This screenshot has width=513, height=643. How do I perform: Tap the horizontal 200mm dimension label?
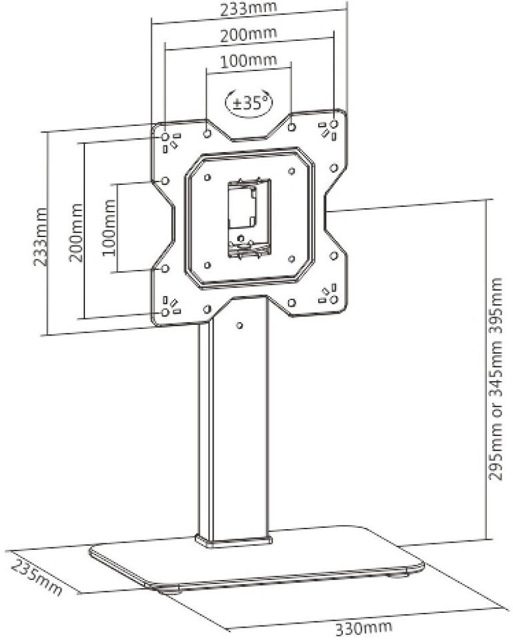[248, 33]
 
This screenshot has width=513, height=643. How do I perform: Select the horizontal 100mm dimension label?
[248, 60]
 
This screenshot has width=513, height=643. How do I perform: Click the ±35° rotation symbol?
[250, 102]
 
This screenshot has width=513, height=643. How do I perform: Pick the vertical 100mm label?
[109, 228]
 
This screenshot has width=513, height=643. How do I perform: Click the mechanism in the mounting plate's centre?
[248, 217]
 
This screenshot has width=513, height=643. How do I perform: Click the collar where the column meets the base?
[234, 540]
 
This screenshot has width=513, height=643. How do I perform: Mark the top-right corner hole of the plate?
[335, 125]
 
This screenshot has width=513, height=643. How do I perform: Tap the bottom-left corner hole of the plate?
[165, 312]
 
